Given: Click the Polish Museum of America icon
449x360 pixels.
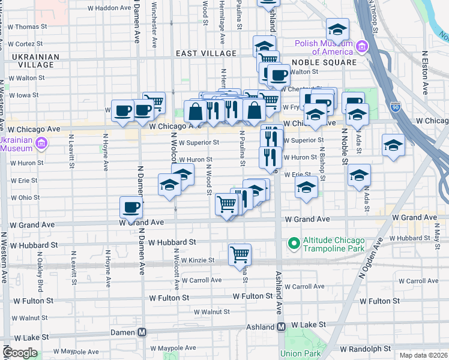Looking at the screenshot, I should point(361,47).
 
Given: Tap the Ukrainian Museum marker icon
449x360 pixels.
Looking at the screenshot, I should point(41,143).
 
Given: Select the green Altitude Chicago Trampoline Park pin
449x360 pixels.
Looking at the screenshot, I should point(294,244).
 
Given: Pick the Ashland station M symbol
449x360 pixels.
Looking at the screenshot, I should point(280,327).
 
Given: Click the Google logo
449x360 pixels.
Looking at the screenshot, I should point(20,353).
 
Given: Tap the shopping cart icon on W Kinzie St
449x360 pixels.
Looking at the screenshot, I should point(240,254).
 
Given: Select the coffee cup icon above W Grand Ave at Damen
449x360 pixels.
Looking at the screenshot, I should point(131,208).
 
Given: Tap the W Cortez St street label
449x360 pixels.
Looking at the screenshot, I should point(22,44).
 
